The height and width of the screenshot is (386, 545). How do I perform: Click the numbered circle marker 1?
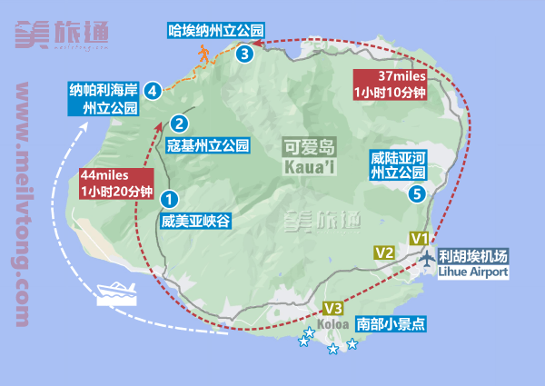(168, 197)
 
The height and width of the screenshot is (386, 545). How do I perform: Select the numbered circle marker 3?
(245, 54)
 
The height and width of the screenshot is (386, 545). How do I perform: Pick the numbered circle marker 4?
(153, 90)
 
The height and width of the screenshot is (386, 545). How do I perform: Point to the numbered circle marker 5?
(416, 193)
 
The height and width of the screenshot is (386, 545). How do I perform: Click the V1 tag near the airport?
(419, 238)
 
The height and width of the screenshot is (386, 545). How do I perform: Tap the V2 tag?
(384, 252)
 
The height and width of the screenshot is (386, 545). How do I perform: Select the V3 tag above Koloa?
(332, 307)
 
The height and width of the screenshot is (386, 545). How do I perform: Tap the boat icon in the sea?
(116, 294)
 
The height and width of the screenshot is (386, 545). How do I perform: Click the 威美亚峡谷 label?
(198, 221)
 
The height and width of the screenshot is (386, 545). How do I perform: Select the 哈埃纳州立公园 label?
(216, 30)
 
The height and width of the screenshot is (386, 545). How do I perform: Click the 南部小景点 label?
(391, 322)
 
